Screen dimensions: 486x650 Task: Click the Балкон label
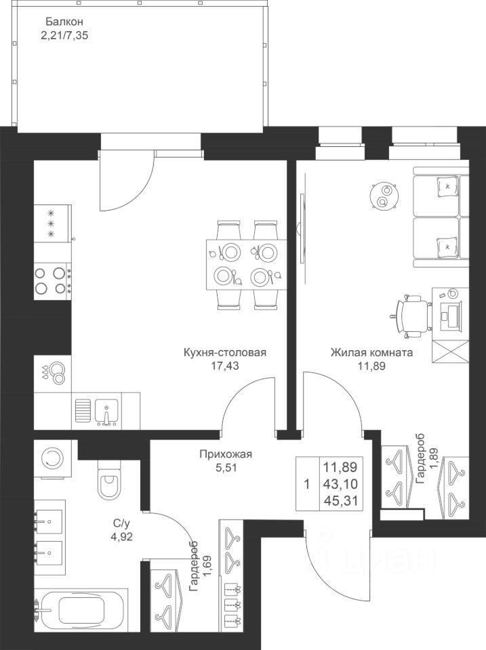click(56, 21)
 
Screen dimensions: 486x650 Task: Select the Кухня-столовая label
click(224, 353)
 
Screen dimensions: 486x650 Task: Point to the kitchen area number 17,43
click(224, 366)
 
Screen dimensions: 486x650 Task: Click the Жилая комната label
click(371, 353)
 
